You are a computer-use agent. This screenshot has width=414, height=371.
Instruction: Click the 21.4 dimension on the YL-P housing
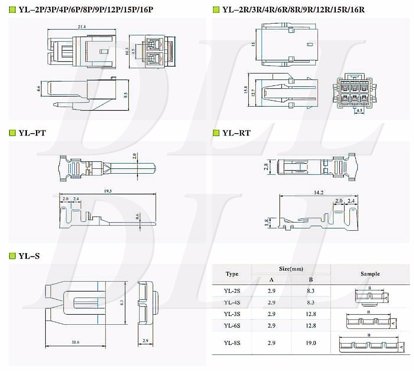[82, 27]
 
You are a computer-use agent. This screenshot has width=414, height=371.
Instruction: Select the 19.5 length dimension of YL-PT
[108, 191]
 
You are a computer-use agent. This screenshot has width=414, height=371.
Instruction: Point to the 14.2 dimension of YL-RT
[318, 192]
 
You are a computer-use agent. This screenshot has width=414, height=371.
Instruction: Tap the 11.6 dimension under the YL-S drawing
[75, 342]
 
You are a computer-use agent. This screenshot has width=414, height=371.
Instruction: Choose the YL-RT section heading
[236, 133]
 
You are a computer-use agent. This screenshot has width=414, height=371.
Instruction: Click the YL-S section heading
[29, 256]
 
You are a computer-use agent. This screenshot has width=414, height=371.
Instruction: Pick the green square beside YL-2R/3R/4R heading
[216, 9]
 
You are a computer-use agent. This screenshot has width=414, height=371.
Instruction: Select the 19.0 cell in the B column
[311, 343]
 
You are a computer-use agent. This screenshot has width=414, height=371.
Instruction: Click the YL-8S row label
[232, 343]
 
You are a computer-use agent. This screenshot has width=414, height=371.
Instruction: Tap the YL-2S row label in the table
[232, 291]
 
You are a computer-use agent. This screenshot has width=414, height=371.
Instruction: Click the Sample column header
[370, 274]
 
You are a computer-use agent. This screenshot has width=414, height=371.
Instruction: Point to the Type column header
[232, 274]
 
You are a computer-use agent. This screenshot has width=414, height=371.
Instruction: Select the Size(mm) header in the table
[291, 269]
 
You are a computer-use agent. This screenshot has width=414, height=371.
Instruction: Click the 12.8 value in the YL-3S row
[311, 314]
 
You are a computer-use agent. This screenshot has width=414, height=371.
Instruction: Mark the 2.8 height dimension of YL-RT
[266, 167]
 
